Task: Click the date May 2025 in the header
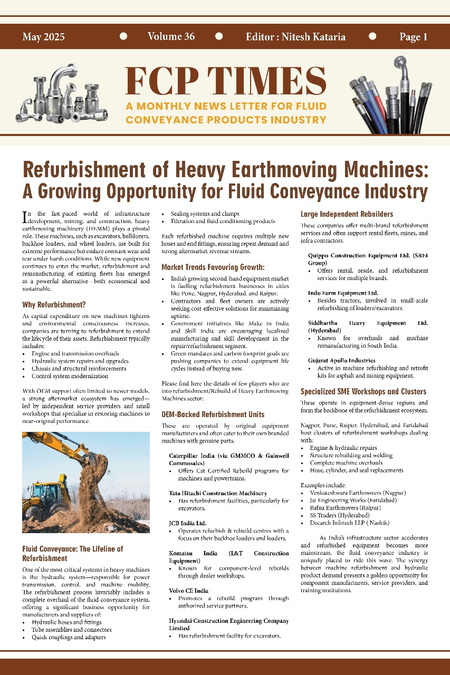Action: (x=44, y=37)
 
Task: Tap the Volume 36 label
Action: (x=171, y=36)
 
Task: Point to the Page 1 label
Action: (x=413, y=37)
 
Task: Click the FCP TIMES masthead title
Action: (x=226, y=81)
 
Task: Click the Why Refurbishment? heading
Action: (x=54, y=305)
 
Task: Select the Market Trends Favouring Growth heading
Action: (x=213, y=267)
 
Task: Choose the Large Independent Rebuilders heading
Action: (x=347, y=214)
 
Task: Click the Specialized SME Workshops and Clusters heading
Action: (x=363, y=392)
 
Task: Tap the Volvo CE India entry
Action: (x=188, y=591)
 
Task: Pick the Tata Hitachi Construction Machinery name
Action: (x=218, y=493)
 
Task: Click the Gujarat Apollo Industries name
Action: (x=341, y=360)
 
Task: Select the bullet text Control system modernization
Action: (x=70, y=376)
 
